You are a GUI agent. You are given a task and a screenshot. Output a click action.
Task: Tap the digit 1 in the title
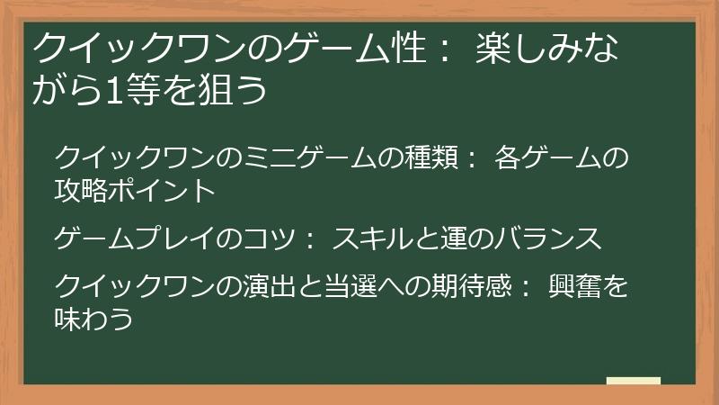coord(109,90)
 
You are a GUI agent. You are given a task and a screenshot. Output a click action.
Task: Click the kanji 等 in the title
coord(138,90)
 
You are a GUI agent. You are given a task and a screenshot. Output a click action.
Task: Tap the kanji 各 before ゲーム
coord(509,160)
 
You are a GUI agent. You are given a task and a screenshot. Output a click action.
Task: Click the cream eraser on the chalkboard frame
coord(634,381)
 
